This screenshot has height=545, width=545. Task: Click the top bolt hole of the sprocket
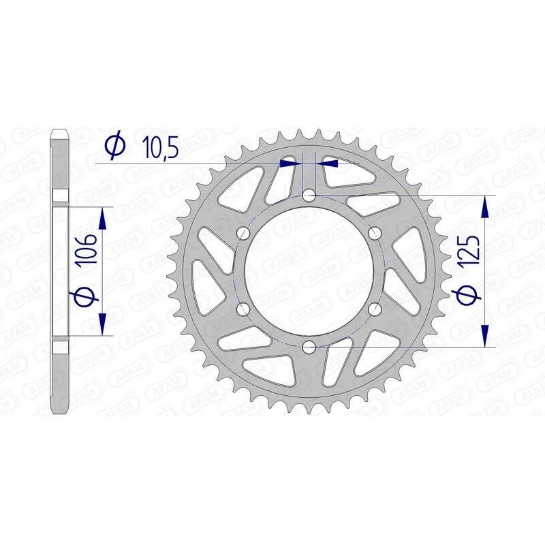tap(309, 196)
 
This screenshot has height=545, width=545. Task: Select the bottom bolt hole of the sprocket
tap(309, 347)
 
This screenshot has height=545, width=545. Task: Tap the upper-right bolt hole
tap(374, 234)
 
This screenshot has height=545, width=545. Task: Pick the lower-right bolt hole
tap(374, 309)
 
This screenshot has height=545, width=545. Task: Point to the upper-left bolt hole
tap(243, 234)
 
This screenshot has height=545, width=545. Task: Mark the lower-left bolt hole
tap(243, 309)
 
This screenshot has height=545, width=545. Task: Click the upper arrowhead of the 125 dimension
tap(484, 205)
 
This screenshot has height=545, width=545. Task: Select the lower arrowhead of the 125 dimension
tap(484, 337)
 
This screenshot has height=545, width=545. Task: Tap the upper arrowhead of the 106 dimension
tap(103, 218)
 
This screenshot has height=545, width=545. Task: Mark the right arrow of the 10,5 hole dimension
tap(329, 163)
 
